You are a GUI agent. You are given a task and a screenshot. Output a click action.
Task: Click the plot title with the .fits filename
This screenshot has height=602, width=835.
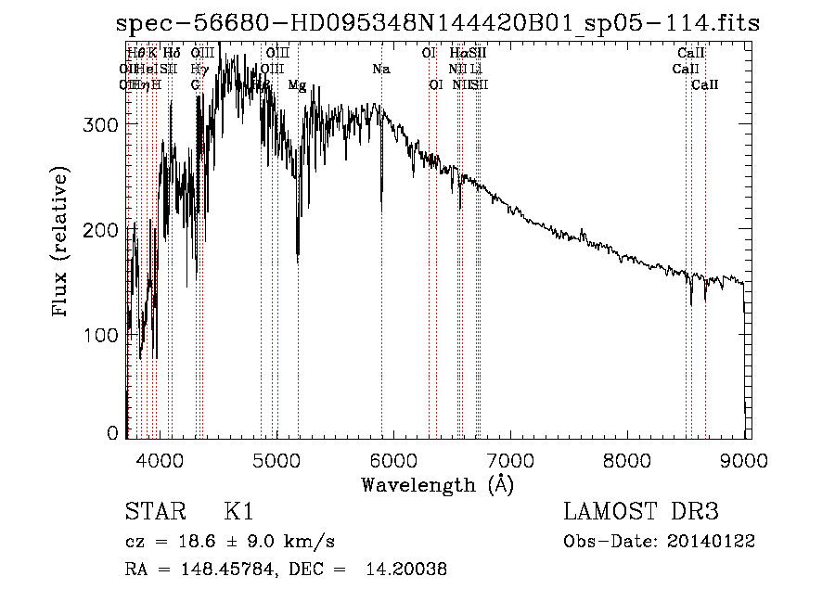443,23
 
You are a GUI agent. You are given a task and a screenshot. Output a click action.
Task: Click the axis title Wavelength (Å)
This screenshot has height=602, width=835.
437,484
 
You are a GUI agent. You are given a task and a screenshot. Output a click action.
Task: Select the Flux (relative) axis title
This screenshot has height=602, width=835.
62,243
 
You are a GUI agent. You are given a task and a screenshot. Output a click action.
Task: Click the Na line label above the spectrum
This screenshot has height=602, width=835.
381,69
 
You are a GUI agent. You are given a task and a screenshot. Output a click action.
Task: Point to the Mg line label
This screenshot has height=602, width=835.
297,85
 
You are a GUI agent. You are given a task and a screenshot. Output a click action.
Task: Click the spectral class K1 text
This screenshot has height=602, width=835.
238,512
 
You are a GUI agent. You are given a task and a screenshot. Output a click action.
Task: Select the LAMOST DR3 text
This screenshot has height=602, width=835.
641,512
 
